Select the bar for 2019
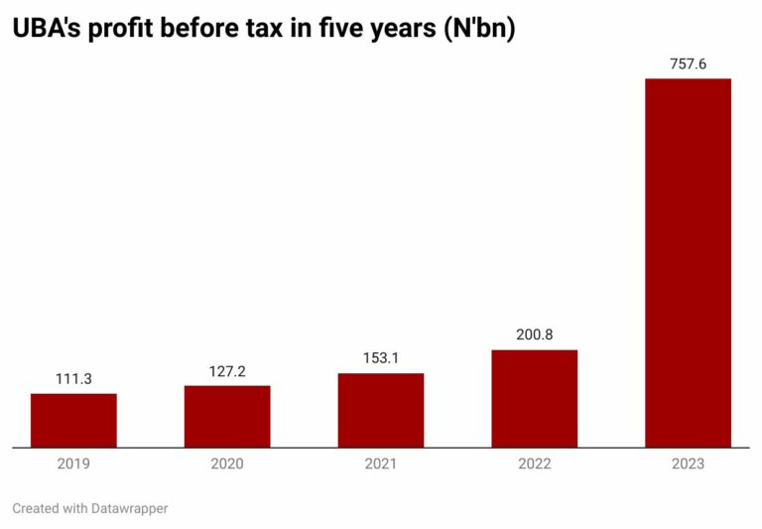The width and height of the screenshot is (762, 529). point(73,420)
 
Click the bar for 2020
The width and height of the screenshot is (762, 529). point(227,416)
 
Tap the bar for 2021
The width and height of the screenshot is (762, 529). point(381,410)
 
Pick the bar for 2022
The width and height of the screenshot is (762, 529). point(534,398)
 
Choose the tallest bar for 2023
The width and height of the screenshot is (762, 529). point(688,263)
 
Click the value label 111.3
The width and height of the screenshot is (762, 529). point(73,379)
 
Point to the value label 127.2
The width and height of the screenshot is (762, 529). point(227,371)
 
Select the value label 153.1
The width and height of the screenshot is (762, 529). point(381,358)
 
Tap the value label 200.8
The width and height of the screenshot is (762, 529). point(534,335)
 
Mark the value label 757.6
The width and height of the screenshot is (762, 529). point(688,64)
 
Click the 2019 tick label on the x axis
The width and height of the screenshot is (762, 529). point(73,463)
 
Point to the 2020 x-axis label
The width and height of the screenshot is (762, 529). point(227,463)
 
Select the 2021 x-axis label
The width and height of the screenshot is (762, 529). point(381,463)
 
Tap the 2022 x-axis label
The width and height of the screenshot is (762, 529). point(534,463)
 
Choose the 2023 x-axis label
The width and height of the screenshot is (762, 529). point(688,463)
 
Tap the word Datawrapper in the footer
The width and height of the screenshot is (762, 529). point(129,508)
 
